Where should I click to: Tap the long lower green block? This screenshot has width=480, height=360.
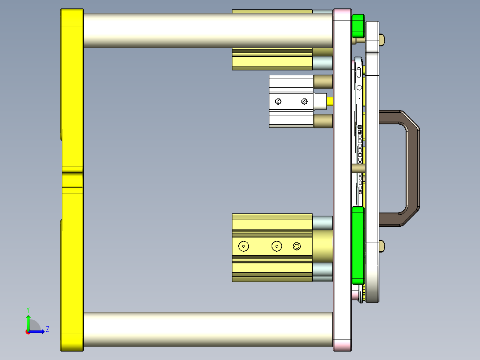[x=358, y=245]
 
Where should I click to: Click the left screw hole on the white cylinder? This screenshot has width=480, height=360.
[x=278, y=102]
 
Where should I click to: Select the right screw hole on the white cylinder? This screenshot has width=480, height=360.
[x=305, y=102]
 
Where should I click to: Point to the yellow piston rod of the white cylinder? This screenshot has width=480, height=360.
[x=330, y=102]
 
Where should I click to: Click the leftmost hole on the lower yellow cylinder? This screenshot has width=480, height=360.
[x=244, y=246]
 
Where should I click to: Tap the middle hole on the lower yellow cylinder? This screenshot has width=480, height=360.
[x=277, y=246]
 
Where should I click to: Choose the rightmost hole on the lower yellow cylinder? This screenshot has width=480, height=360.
[x=297, y=246]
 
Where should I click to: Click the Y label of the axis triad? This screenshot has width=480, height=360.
[x=28, y=309]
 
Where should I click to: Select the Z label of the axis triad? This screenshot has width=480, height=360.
[x=47, y=329]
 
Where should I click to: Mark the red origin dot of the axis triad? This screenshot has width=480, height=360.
[x=28, y=331]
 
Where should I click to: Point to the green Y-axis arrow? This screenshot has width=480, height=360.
[x=28, y=322]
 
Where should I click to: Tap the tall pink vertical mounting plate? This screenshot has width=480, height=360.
[x=342, y=178]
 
